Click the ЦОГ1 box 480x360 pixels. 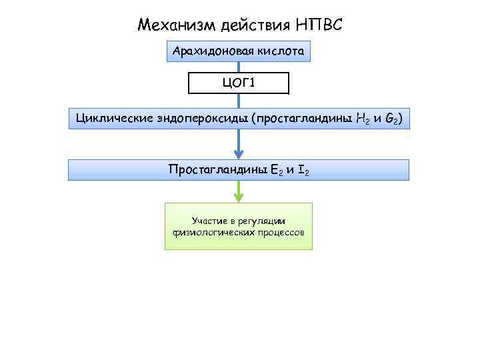coord(239,83)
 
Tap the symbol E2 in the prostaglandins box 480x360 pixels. coord(275,170)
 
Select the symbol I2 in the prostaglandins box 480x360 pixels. coord(303,170)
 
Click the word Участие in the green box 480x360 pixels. coord(208,220)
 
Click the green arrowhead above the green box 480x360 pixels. coord(239,197)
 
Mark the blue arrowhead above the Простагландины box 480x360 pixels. coord(239,153)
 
